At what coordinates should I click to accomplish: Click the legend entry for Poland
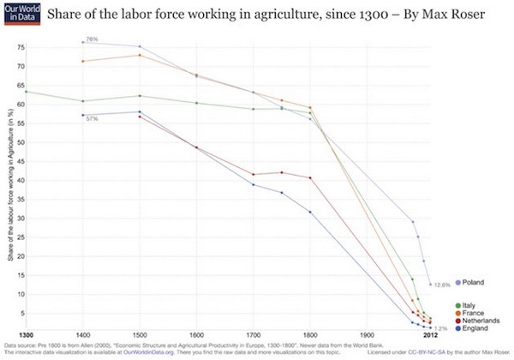(x=473, y=283)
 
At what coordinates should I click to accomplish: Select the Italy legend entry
(x=468, y=304)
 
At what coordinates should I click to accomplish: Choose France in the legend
(x=470, y=312)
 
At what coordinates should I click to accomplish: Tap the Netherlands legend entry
(x=478, y=319)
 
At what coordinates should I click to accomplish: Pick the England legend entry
(x=473, y=327)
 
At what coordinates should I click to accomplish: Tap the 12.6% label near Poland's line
(x=442, y=284)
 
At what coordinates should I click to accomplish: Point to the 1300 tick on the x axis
(x=26, y=334)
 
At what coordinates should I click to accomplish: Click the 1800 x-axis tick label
(x=308, y=334)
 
